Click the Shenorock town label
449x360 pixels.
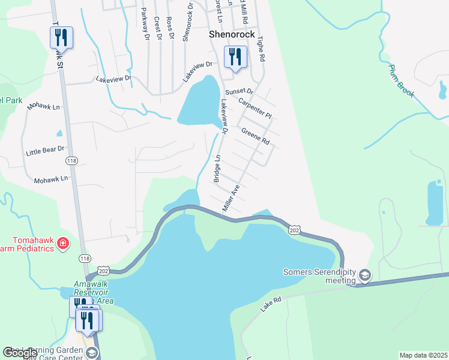(232, 35)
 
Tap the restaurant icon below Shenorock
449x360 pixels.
(234, 58)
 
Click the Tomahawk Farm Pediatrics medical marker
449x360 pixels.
(63, 243)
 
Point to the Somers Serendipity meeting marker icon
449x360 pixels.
(364, 275)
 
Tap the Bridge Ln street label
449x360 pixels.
(218, 169)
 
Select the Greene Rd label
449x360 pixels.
(255, 136)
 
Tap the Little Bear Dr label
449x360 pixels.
(45, 149)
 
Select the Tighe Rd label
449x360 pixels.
(261, 49)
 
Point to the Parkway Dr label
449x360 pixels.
(145, 23)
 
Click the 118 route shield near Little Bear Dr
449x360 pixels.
(72, 161)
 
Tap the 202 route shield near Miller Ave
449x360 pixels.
(294, 230)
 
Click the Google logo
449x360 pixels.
(20, 353)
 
